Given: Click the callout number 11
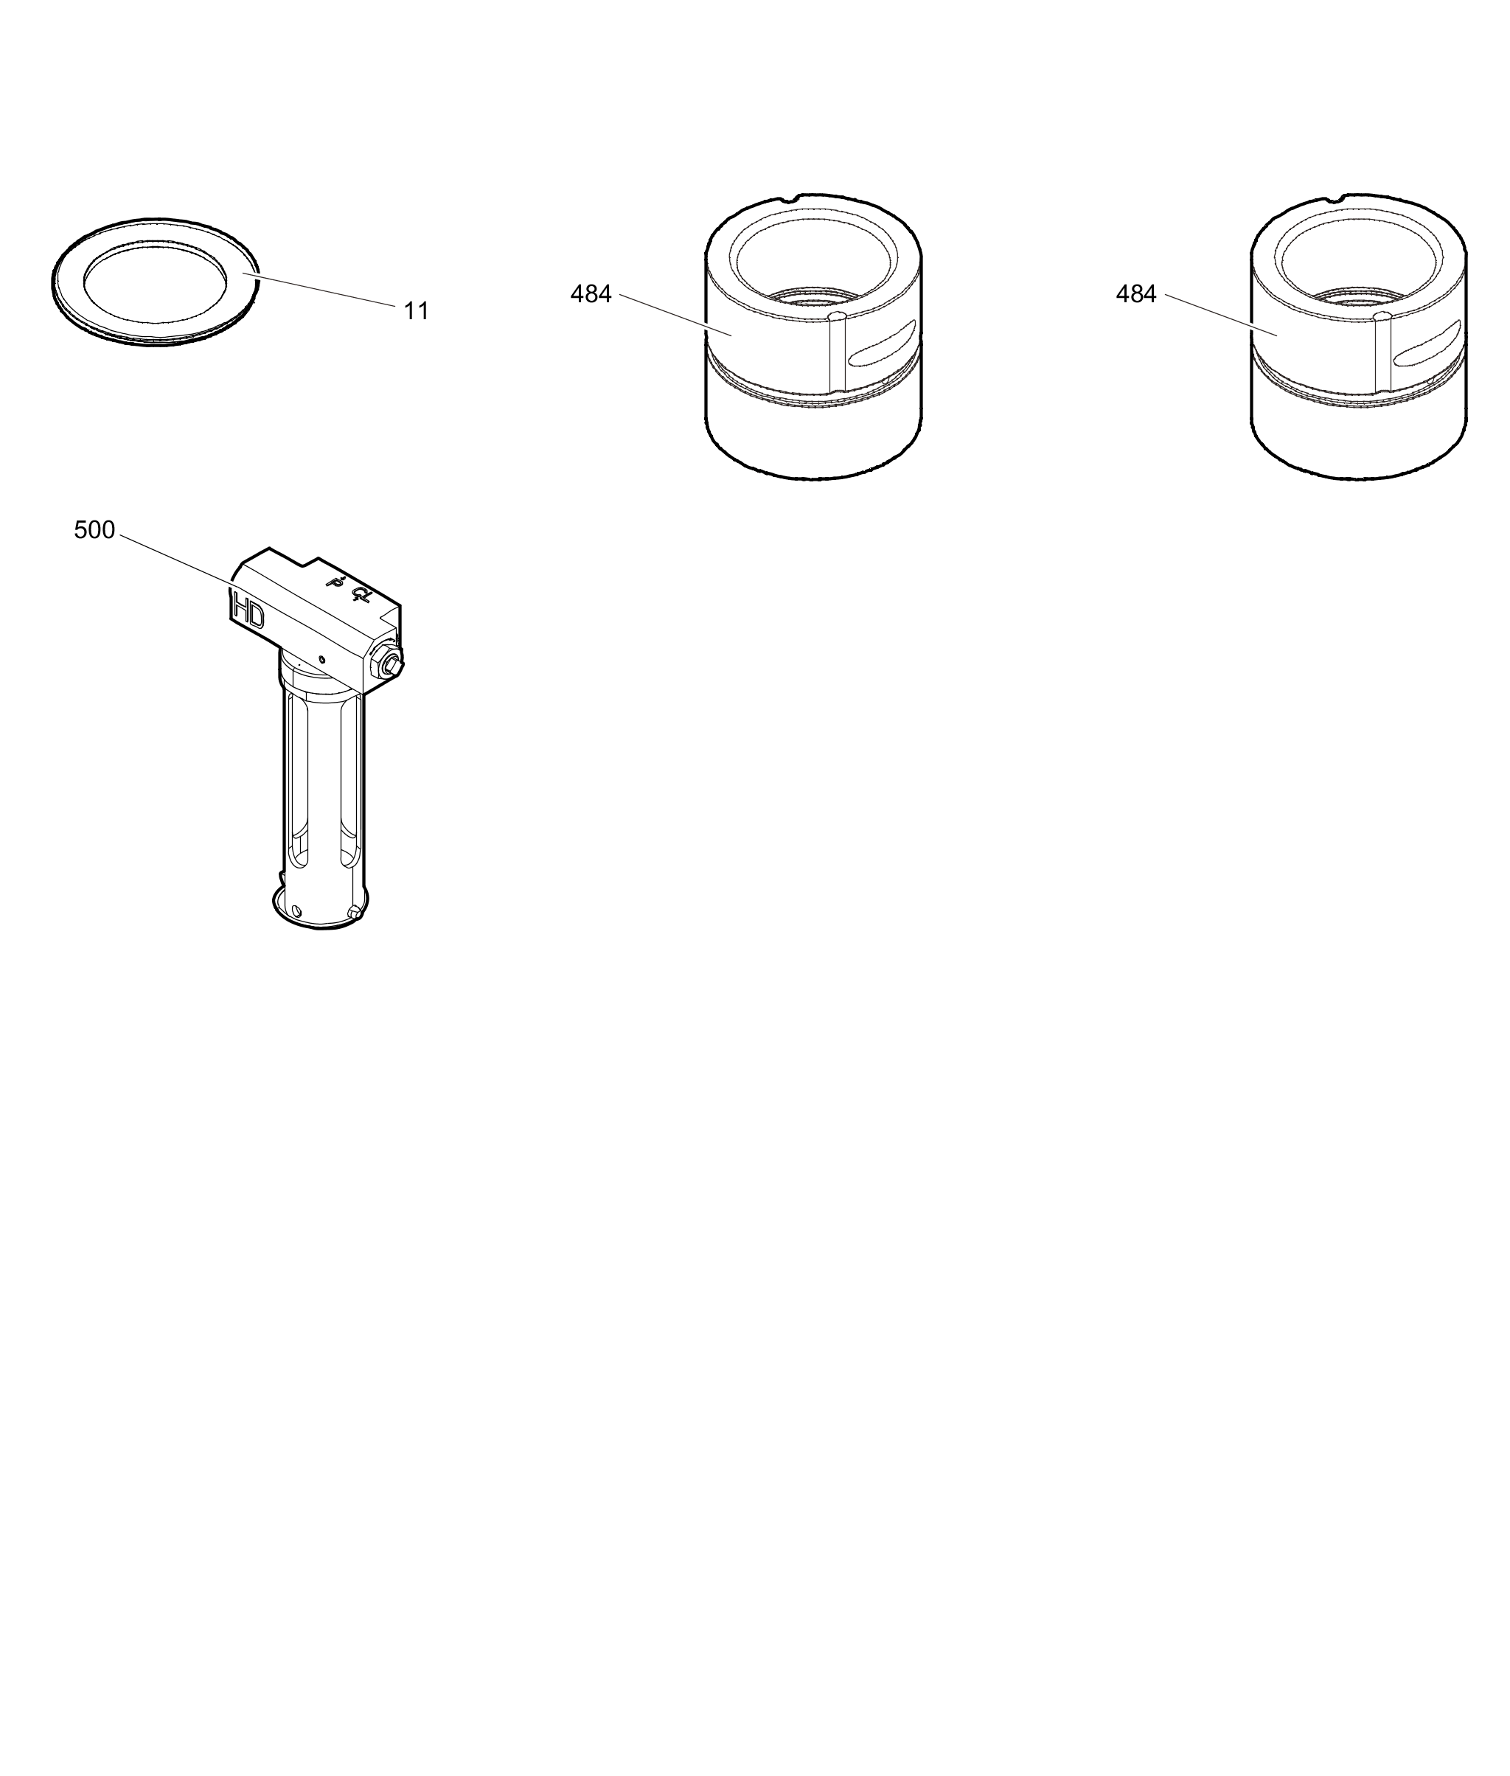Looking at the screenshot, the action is click(x=416, y=310).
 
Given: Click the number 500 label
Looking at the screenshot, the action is click(x=94, y=530).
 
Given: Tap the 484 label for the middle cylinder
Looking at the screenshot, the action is click(x=591, y=294).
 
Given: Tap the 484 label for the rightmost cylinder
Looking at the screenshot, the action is click(x=1136, y=294).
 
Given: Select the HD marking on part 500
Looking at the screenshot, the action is click(x=248, y=613).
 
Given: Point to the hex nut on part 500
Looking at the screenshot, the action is click(x=389, y=665).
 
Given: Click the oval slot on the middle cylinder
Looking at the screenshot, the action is click(x=881, y=344).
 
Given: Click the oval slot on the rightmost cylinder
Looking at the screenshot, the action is click(x=1427, y=344).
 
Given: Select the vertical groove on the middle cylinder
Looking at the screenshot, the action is click(x=837, y=353).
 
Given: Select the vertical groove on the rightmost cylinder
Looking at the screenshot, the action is click(x=1382, y=353).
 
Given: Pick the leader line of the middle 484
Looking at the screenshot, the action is click(x=675, y=316).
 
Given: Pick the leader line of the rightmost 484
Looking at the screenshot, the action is click(x=1222, y=316).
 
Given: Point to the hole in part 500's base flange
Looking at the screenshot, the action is click(x=296, y=910).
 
